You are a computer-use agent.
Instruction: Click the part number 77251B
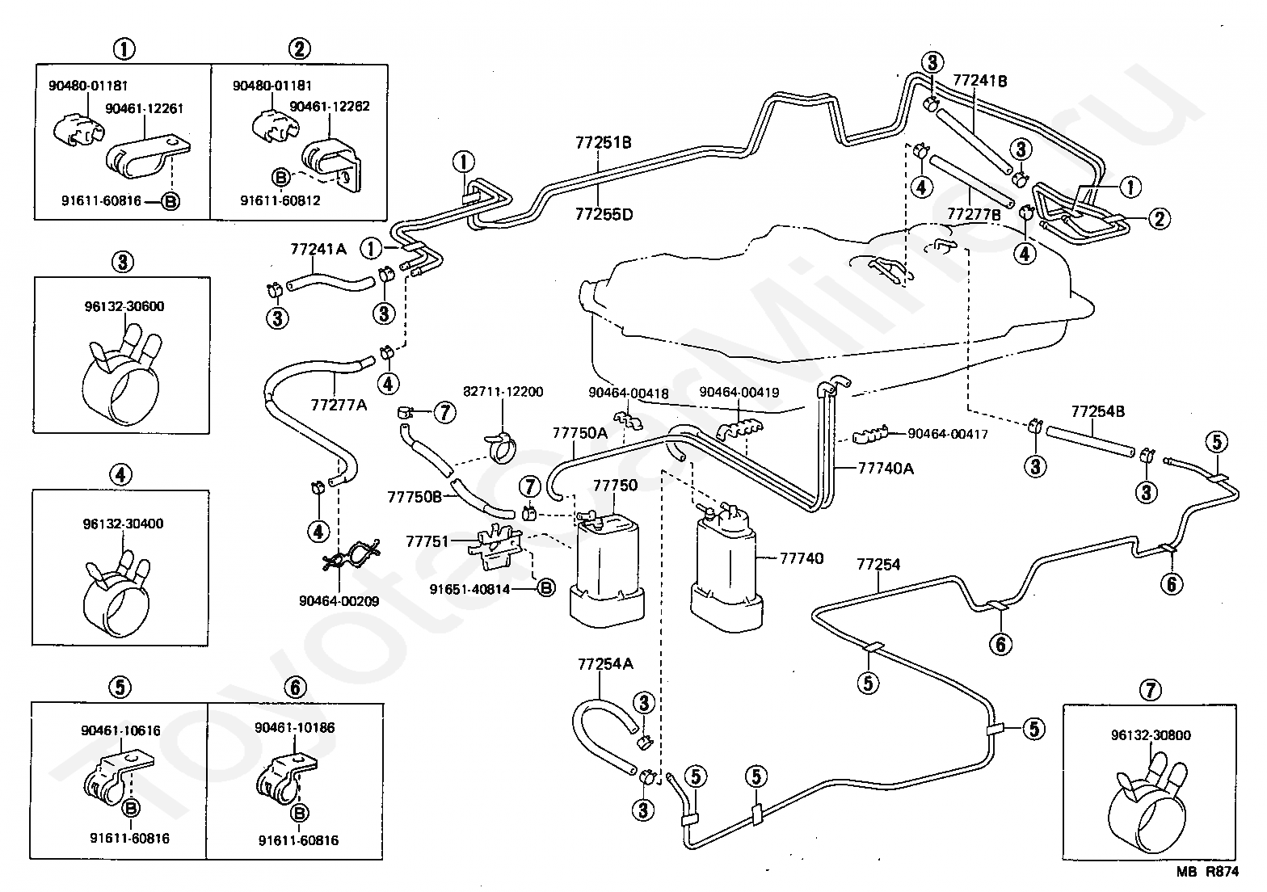click(x=603, y=142)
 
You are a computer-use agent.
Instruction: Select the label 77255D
click(x=604, y=214)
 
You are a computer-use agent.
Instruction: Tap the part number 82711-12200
click(x=503, y=391)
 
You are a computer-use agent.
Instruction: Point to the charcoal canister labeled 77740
click(x=727, y=566)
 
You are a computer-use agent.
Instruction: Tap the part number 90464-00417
click(x=948, y=434)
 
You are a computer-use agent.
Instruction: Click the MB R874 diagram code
click(x=1207, y=872)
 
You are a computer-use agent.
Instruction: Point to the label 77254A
click(x=605, y=663)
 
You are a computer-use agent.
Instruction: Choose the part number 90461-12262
click(x=329, y=107)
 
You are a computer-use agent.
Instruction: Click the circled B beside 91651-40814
click(x=546, y=589)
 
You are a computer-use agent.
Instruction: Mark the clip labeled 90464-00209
click(x=351, y=555)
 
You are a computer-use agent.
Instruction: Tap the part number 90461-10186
click(x=294, y=727)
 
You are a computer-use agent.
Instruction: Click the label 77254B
click(x=1098, y=411)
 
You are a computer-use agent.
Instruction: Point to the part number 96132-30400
click(x=123, y=524)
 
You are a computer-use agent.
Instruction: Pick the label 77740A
click(x=886, y=469)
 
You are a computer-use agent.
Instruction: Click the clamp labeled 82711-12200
click(x=501, y=447)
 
